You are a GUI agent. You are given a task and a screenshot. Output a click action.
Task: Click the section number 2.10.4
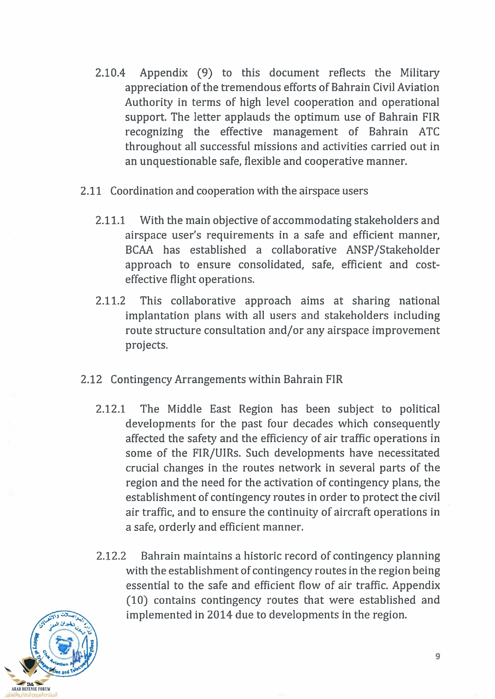(x=110, y=73)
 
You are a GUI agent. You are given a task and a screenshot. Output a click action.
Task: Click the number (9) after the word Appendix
(x=204, y=73)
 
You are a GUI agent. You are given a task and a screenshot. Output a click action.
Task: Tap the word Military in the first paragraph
(x=419, y=73)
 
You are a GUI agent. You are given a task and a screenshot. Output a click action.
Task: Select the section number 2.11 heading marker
(x=91, y=191)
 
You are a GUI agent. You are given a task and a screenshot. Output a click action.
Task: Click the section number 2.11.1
(x=110, y=221)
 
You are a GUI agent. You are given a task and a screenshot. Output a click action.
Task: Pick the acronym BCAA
(x=139, y=250)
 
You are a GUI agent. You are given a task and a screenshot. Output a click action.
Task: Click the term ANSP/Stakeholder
(x=393, y=250)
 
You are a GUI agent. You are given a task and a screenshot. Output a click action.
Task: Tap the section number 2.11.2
(x=110, y=301)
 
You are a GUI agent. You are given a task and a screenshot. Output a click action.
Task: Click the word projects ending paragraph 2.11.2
(x=146, y=345)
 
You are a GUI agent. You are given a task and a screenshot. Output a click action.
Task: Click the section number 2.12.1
(x=111, y=409)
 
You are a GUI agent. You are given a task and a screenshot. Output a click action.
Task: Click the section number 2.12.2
(x=111, y=556)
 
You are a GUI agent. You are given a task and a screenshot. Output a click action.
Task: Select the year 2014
(x=220, y=615)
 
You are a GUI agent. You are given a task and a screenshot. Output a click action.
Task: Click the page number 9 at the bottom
(x=438, y=656)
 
